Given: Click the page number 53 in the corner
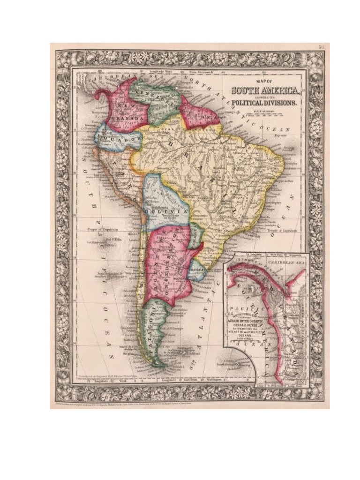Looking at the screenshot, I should point(321,47).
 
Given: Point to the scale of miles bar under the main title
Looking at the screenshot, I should point(262,115).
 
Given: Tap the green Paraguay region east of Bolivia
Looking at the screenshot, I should point(195,234).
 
